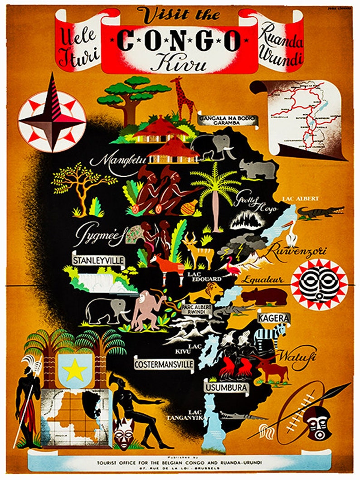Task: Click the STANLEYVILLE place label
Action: pyautogui.click(x=98, y=260)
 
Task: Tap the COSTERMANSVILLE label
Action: pyautogui.click(x=164, y=364)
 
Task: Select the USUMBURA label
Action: pyautogui.click(x=226, y=388)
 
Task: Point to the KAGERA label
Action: pyautogui.click(x=273, y=318)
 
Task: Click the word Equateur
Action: pyautogui.click(x=262, y=280)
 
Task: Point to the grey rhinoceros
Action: pyautogui.click(x=258, y=170)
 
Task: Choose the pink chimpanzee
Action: pyautogui.click(x=148, y=309)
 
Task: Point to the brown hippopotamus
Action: pyautogui.click(x=264, y=297)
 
